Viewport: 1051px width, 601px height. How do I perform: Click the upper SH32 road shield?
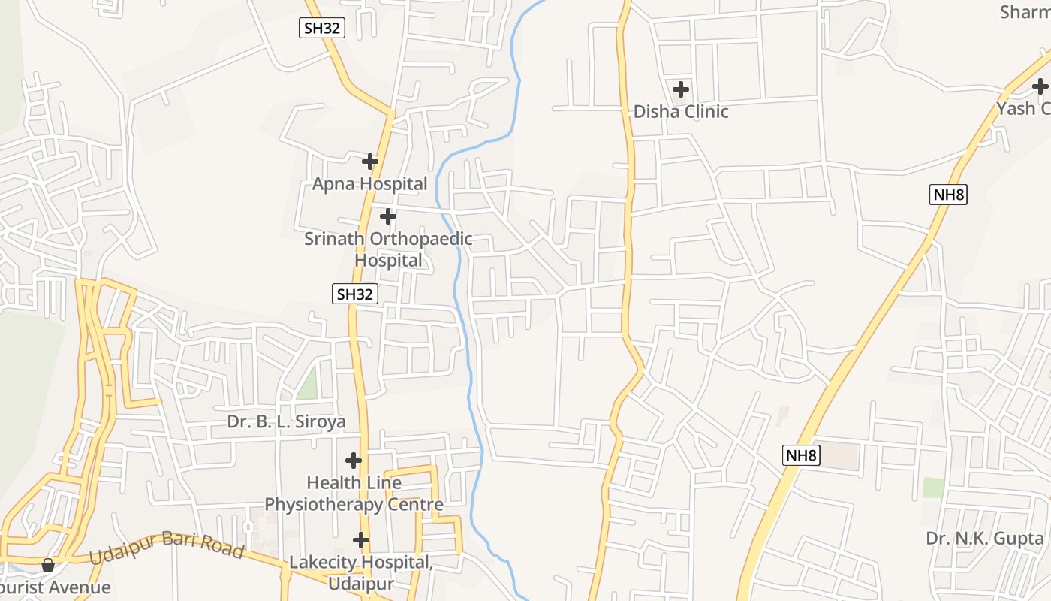322,29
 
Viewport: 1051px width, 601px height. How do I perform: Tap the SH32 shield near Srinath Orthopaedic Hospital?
354,294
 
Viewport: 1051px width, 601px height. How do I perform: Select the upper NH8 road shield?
948,195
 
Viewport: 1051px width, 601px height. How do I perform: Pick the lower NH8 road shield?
801,455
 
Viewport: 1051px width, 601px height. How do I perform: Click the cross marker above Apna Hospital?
369,162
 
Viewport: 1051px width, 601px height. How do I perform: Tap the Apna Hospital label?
369,184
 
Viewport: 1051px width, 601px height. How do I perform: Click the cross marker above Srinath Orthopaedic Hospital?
387,217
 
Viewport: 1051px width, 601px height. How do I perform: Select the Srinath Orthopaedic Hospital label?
388,249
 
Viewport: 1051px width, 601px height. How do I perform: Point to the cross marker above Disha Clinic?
680,89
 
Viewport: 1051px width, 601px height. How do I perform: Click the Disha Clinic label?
681,112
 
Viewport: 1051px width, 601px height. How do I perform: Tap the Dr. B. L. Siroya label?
286,421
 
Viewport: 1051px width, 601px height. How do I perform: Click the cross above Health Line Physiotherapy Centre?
353,460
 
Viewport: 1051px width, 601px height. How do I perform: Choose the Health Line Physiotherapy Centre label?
354,493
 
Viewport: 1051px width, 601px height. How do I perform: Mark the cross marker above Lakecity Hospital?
361,540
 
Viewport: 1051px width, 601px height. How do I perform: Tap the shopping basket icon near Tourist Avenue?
48,564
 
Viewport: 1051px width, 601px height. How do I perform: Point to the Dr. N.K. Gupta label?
985,538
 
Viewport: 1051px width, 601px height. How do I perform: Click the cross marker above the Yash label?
1040,86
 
